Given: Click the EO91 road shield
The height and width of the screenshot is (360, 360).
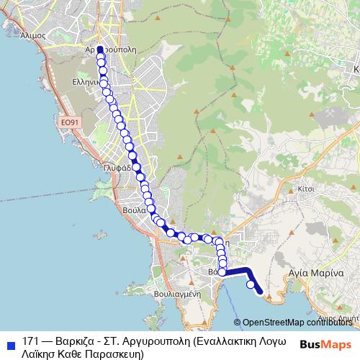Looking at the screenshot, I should [x=69, y=122].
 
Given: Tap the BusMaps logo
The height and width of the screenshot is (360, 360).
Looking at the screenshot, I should [x=325, y=343].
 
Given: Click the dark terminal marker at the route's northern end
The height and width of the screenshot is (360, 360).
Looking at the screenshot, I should [x=100, y=50].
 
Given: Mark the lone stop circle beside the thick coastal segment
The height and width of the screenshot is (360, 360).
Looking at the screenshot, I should [x=251, y=285].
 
